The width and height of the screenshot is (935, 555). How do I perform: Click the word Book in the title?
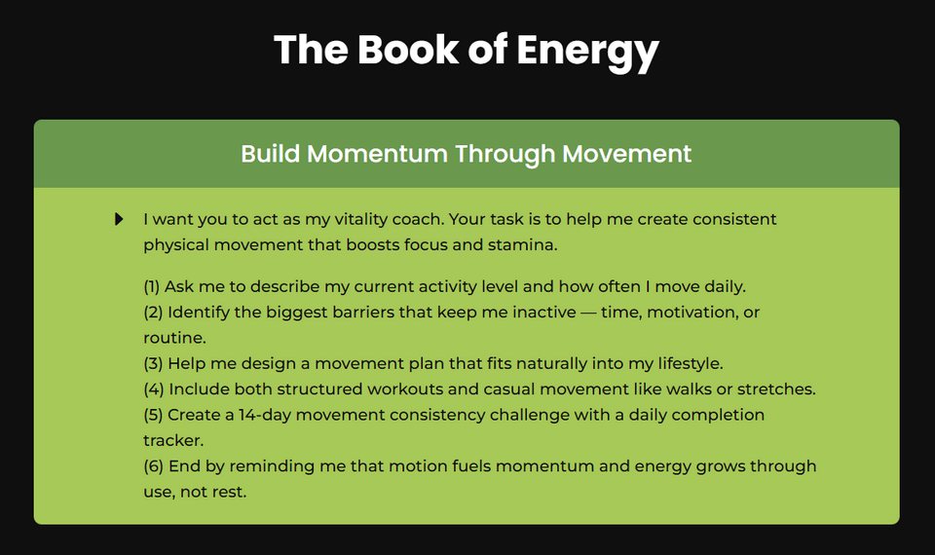[x=399, y=50]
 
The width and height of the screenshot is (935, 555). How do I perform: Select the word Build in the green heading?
[x=270, y=154]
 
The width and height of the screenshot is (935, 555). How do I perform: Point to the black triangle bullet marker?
[x=119, y=219]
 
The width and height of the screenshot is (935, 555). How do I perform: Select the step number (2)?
[x=153, y=313]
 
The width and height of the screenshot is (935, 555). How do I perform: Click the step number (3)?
[x=153, y=363]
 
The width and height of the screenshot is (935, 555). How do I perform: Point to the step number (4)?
[x=153, y=388]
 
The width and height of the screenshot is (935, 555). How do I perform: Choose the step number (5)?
[x=153, y=415]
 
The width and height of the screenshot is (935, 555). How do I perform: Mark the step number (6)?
[x=153, y=466]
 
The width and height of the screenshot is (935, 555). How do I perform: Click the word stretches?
[x=775, y=388]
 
